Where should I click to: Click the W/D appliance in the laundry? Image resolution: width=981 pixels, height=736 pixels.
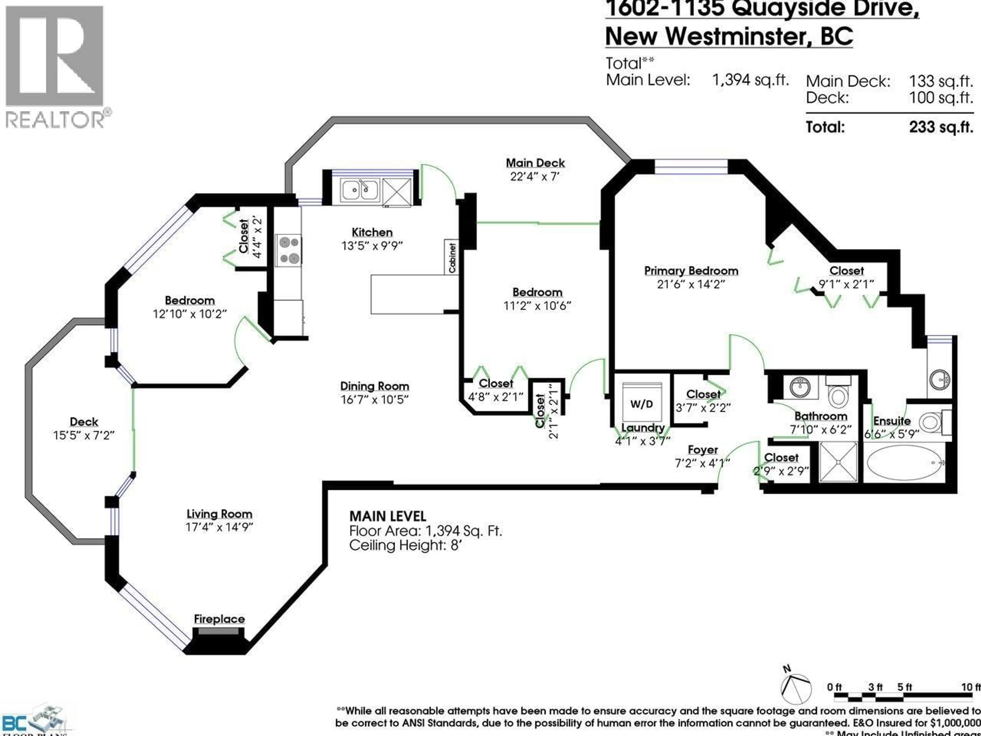(642, 404)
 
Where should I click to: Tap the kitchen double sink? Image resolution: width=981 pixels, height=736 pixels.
(360, 190)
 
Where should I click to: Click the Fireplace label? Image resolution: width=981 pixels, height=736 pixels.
(219, 619)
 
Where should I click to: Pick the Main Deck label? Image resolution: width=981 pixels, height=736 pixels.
(535, 163)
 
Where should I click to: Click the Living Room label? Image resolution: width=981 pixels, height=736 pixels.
(219, 514)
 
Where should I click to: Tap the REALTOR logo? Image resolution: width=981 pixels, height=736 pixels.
(55, 66)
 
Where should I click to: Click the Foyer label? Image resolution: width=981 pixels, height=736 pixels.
(703, 450)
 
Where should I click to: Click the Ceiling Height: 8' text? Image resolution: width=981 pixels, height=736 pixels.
(405, 545)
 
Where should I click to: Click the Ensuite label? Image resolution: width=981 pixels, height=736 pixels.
(892, 421)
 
